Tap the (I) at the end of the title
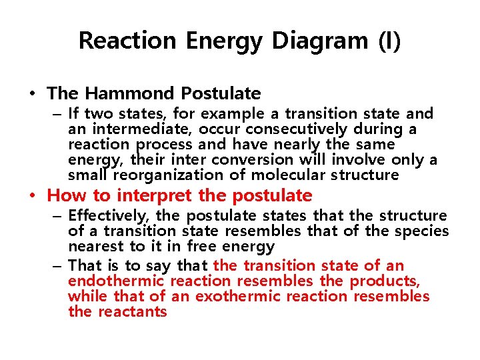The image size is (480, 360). click(x=389, y=41)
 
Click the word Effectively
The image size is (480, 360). click(x=107, y=216)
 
